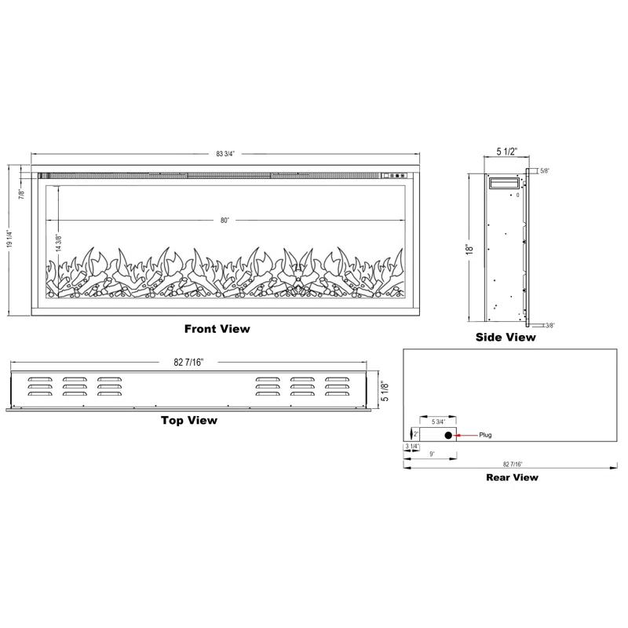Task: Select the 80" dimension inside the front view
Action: [225, 221]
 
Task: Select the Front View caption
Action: [217, 329]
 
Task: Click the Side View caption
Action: [506, 338]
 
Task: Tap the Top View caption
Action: [189, 420]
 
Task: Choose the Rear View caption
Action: [511, 476]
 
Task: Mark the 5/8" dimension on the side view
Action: [545, 170]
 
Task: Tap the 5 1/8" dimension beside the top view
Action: [384, 390]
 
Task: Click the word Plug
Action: [485, 435]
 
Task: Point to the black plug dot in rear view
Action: [448, 435]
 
